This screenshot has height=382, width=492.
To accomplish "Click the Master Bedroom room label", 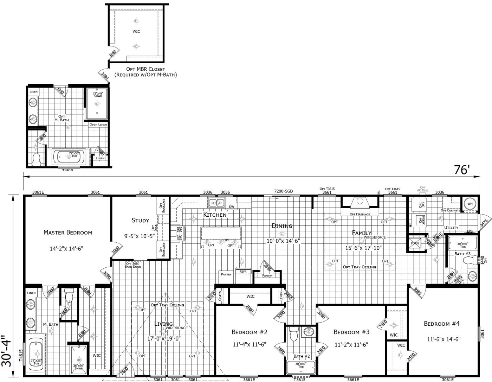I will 67,232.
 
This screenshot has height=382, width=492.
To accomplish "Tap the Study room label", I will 140,221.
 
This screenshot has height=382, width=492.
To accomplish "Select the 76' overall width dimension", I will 462,170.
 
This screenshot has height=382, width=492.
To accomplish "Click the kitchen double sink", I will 216,203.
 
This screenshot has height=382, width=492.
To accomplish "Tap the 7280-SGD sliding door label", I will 283,191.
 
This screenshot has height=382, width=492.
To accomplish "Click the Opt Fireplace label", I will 360,214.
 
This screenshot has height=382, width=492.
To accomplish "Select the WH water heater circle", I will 470,204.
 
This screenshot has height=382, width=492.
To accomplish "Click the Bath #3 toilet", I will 469,261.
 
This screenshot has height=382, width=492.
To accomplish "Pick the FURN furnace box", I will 415,243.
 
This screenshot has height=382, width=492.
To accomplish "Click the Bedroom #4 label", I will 441,324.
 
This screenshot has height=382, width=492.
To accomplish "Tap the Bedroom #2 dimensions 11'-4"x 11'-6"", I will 250,344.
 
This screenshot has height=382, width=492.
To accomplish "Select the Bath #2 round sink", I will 308,332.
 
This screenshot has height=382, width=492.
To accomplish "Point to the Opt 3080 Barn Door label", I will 132,265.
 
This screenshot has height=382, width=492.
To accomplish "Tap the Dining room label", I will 282,226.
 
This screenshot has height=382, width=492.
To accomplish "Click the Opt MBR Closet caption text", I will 145,72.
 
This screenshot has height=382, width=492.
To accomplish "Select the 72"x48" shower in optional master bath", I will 97,103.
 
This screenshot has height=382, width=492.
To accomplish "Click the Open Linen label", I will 98,125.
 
